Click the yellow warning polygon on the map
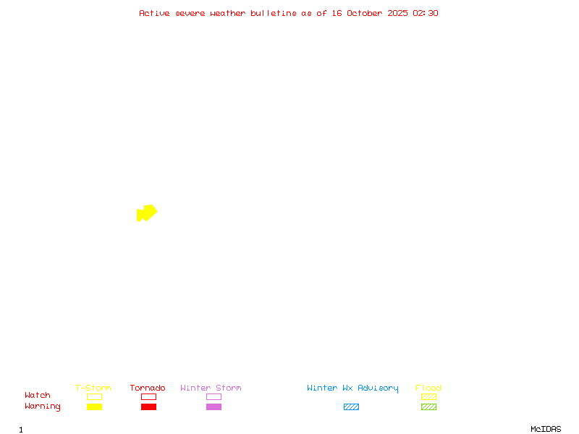tap(147, 213)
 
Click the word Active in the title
tap(154, 13)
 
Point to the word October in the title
tap(369, 13)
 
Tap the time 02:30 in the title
tap(426, 13)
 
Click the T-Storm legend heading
tap(93, 388)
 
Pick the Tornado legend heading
tap(148, 388)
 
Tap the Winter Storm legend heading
tap(211, 388)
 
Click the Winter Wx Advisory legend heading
tap(352, 388)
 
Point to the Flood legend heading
tap(428, 388)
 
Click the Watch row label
tap(38, 396)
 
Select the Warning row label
tap(43, 407)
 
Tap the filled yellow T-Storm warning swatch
tap(94, 407)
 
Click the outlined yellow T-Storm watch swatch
tap(94, 396)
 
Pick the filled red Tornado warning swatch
tap(148, 407)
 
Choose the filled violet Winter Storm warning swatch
tap(214, 407)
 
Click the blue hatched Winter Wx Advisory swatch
tap(351, 407)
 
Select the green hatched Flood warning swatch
tap(428, 407)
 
